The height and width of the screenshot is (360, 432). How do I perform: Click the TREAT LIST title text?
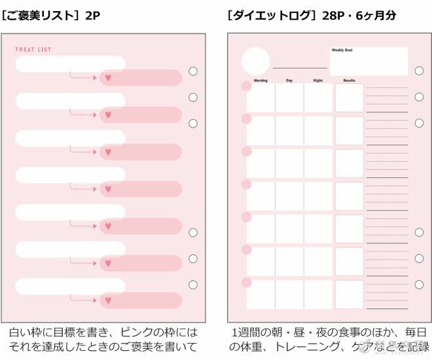[33, 50]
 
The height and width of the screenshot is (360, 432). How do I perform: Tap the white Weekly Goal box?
[369, 61]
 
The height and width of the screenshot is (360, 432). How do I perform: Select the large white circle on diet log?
[255, 61]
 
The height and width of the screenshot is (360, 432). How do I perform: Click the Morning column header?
[260, 81]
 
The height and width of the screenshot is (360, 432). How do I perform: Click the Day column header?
[289, 81]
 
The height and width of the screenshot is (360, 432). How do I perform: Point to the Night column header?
[317, 81]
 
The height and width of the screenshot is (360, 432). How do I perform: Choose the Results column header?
[349, 81]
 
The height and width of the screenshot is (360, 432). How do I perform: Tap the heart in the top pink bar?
[109, 78]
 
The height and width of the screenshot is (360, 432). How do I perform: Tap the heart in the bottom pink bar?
[109, 300]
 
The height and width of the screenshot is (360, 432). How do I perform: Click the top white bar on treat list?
[70, 63]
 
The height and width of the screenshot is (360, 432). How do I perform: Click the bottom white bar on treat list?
[70, 286]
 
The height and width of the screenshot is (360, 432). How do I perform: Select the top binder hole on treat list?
[192, 71]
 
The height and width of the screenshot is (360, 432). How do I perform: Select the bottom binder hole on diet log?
[419, 285]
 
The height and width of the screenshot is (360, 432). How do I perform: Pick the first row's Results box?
[349, 98]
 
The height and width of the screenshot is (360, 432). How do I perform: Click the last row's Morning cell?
[261, 294]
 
